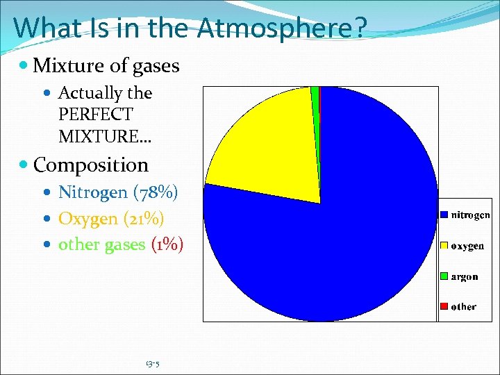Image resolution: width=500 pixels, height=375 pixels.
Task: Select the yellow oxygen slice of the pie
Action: point(264,146)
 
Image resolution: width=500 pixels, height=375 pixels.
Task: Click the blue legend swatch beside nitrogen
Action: point(444,215)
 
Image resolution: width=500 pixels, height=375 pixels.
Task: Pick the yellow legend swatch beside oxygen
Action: point(444,246)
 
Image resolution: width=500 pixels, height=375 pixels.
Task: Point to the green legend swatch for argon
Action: point(444,276)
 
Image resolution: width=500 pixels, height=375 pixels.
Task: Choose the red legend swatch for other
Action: point(444,306)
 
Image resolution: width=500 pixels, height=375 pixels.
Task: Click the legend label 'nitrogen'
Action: point(471,215)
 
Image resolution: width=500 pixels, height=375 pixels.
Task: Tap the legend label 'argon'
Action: point(465,276)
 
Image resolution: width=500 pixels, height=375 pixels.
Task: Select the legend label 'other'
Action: point(464,306)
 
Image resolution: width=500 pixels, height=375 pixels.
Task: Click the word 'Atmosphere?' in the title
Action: point(282,28)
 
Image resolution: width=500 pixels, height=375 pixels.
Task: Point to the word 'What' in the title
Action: point(44,28)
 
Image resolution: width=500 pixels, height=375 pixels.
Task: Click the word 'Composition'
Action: point(91,165)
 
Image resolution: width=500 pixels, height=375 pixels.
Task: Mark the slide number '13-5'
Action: point(153,363)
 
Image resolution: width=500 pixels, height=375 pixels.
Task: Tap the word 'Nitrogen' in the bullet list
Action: point(93,192)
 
